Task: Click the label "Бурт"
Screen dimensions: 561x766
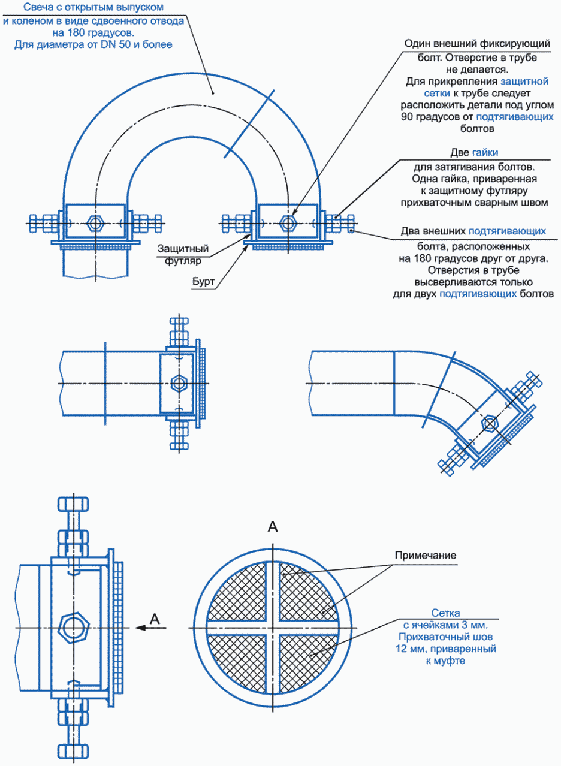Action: [203, 282]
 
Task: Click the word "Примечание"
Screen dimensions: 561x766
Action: [426, 555]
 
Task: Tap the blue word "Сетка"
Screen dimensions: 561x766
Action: [445, 613]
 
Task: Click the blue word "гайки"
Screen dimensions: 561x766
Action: [485, 152]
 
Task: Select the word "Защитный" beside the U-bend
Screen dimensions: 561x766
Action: [183, 249]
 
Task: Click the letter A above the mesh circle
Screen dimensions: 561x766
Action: [273, 527]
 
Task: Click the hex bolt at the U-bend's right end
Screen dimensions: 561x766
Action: [288, 224]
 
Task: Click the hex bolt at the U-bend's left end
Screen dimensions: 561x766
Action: [96, 224]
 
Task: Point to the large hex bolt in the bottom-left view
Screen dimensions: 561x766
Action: [74, 628]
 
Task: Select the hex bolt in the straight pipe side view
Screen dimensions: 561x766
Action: [179, 384]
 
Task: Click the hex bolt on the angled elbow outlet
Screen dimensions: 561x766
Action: [490, 424]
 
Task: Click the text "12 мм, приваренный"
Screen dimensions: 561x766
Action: [446, 649]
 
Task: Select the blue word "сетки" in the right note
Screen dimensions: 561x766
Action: [437, 94]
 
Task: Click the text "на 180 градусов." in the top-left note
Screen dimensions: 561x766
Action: [93, 33]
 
